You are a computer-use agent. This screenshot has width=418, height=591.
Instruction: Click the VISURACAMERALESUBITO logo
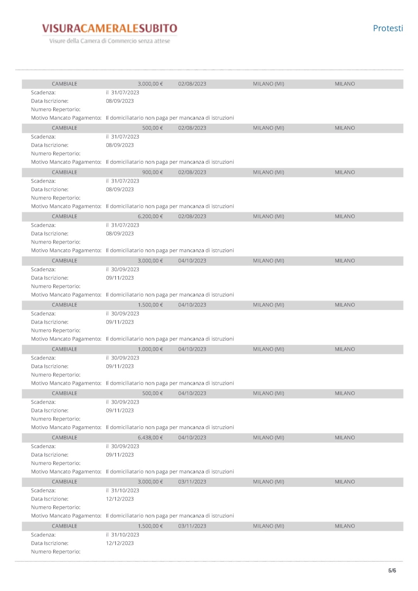pyautogui.click(x=109, y=28)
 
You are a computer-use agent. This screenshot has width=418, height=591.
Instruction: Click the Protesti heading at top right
pyautogui.click(x=388, y=28)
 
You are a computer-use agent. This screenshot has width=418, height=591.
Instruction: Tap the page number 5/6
pyautogui.click(x=392, y=570)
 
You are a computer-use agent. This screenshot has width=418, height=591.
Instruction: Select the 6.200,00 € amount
pyautogui.click(x=150, y=216)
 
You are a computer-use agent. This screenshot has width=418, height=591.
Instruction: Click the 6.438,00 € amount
pyautogui.click(x=150, y=438)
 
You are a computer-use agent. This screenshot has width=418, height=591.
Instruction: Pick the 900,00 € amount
pyautogui.click(x=152, y=172)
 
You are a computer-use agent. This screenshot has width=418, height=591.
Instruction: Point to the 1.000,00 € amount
pyautogui.click(x=150, y=349)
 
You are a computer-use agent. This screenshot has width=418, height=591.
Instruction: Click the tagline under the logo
pyautogui.click(x=109, y=41)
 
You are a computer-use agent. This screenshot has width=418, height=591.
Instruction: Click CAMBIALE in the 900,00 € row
pyautogui.click(x=64, y=172)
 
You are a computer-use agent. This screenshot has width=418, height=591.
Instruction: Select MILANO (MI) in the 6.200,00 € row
pyautogui.click(x=268, y=216)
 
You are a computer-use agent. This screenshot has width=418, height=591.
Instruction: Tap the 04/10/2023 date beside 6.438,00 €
pyautogui.click(x=192, y=438)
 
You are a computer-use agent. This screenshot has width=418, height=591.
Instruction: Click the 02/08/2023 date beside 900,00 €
pyautogui.click(x=192, y=172)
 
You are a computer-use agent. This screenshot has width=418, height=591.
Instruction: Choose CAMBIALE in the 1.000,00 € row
pyautogui.click(x=64, y=349)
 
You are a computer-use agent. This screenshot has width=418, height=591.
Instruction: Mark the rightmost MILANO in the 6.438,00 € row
pyautogui.click(x=344, y=438)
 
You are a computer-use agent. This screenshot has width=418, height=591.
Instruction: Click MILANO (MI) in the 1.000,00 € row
pyautogui.click(x=268, y=349)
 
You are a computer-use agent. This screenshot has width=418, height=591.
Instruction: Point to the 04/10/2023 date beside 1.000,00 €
pyautogui.click(x=192, y=349)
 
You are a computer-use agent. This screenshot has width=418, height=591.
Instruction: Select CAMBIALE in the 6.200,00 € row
pyautogui.click(x=64, y=216)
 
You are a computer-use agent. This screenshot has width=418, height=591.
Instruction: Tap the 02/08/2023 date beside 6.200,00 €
pyautogui.click(x=192, y=216)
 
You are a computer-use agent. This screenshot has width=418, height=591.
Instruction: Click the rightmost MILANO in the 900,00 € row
pyautogui.click(x=344, y=172)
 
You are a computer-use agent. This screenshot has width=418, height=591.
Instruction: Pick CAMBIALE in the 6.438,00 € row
pyautogui.click(x=64, y=438)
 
